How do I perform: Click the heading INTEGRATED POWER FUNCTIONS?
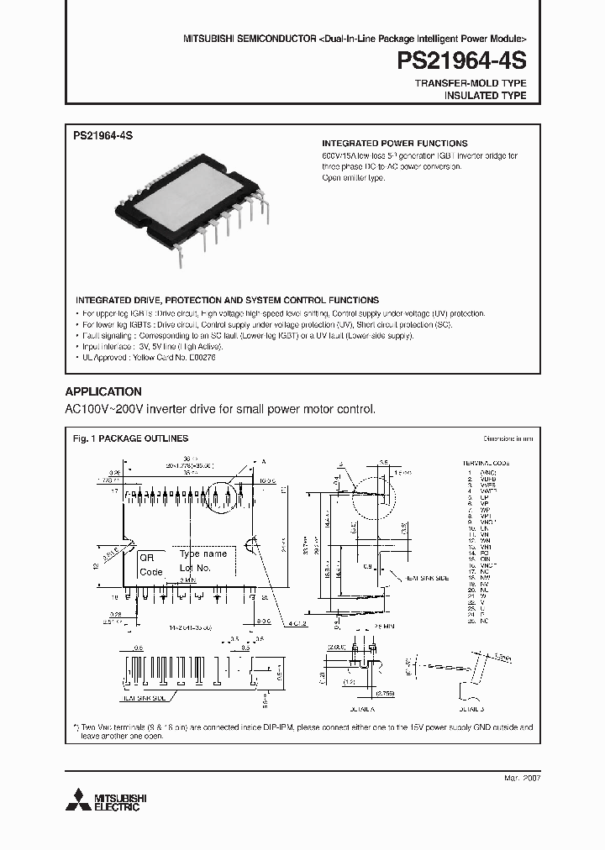pyautogui.click(x=395, y=144)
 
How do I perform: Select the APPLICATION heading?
pyautogui.click(x=103, y=391)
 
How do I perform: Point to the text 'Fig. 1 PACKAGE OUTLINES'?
pyautogui.click(x=130, y=438)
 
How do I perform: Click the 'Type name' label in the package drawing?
pyautogui.click(x=203, y=554)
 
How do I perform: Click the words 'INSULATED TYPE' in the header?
pyautogui.click(x=485, y=96)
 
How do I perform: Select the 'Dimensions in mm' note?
pyautogui.click(x=507, y=438)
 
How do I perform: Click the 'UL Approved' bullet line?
pyautogui.click(x=145, y=357)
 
